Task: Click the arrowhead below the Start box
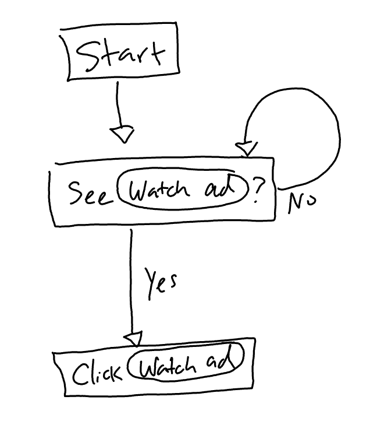click(123, 135)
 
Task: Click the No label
click(303, 202)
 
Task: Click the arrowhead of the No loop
click(247, 149)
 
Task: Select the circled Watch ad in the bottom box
click(184, 365)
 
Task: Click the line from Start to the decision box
click(118, 105)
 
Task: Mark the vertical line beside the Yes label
click(131, 280)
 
